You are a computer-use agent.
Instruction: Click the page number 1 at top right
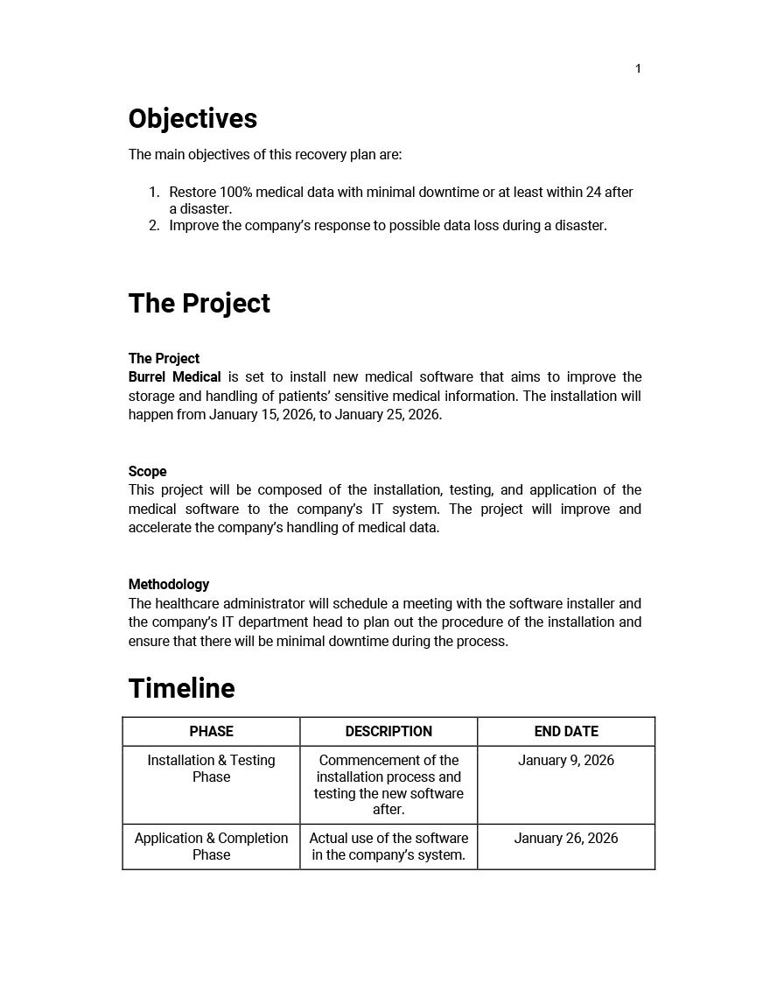(x=638, y=69)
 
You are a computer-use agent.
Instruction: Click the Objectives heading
(x=192, y=119)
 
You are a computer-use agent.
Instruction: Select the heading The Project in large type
(x=199, y=303)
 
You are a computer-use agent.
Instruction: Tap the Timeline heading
(x=181, y=688)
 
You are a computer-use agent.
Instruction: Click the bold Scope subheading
(x=147, y=471)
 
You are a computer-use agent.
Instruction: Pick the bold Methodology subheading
(x=169, y=584)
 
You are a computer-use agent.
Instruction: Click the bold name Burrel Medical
(x=174, y=377)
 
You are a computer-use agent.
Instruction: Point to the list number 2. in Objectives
(x=154, y=225)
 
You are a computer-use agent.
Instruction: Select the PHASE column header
(x=211, y=731)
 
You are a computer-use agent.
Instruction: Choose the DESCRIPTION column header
(x=388, y=731)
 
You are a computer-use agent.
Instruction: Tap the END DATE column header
(x=566, y=731)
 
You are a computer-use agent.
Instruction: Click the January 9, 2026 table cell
(x=566, y=760)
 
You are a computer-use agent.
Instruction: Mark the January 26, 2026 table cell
(x=566, y=838)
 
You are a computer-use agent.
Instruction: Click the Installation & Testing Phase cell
(x=211, y=769)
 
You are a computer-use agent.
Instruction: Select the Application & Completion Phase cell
(x=211, y=847)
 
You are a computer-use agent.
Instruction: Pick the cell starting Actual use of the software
(x=388, y=847)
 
